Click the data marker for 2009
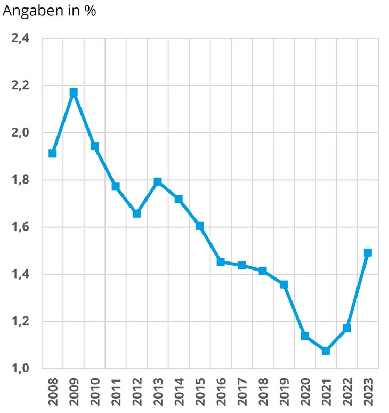(x=74, y=92)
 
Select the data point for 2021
(x=326, y=351)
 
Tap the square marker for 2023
(x=368, y=252)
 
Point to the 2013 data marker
(x=158, y=181)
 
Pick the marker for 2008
(x=52, y=153)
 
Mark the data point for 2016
(x=221, y=261)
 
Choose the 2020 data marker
(x=305, y=336)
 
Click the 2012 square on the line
(x=136, y=213)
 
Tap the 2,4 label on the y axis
(x=21, y=38)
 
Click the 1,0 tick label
(x=21, y=369)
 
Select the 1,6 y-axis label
(x=21, y=227)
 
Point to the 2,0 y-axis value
(x=21, y=133)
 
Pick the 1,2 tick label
(x=21, y=322)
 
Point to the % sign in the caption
(x=90, y=11)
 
